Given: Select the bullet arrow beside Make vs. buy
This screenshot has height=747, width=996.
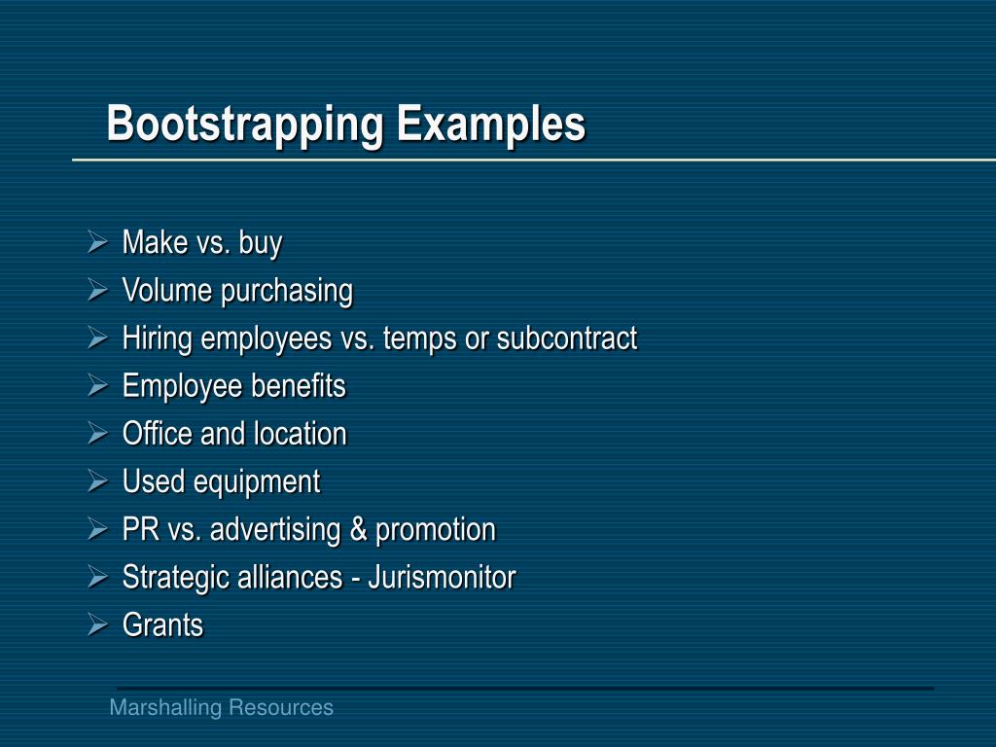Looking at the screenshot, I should (97, 241).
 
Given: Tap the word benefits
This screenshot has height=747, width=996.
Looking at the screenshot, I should (300, 385).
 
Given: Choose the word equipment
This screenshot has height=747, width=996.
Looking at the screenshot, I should (257, 481).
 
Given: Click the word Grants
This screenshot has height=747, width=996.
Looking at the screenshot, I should (162, 624).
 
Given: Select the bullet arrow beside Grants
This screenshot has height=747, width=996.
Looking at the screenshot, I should (97, 623).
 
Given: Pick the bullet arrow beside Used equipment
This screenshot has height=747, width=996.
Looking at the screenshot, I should (97, 480).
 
